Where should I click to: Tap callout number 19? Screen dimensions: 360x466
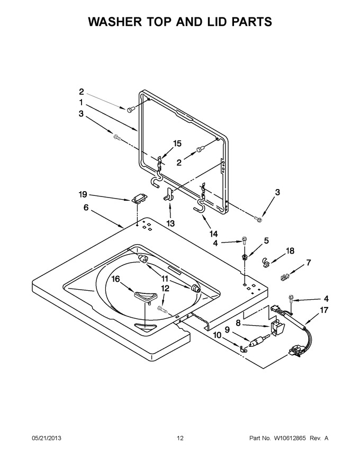(x=83, y=194)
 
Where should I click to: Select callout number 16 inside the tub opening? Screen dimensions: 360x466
(x=115, y=279)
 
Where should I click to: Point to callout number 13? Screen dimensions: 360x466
(x=170, y=223)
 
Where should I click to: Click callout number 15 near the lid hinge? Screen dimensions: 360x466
(x=177, y=144)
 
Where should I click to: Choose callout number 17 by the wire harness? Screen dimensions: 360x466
(x=324, y=310)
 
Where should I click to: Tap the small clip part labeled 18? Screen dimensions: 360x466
(x=266, y=261)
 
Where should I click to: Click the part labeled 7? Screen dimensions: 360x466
(x=285, y=277)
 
